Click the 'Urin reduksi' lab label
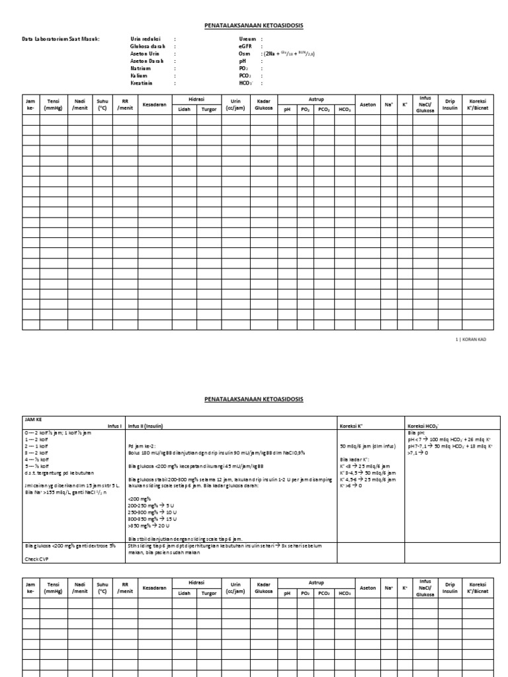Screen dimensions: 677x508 coord(145,40)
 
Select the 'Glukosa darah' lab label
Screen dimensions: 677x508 coord(147,47)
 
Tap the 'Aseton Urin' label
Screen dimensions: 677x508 coord(144,54)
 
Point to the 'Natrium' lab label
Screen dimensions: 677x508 coord(140,69)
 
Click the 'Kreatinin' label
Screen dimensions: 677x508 coord(142,83)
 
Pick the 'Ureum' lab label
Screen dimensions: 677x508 coord(247,40)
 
